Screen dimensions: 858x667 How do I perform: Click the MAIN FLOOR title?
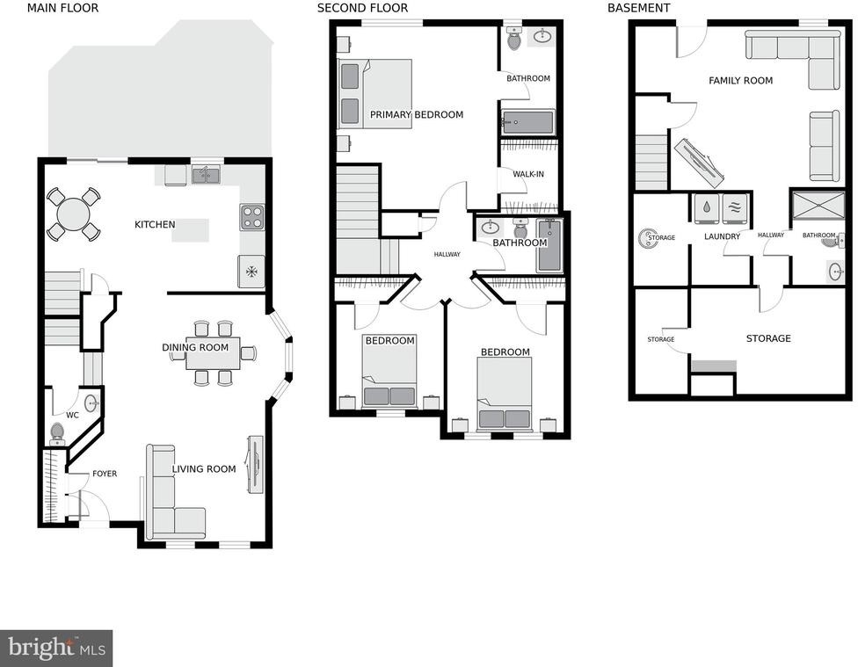pos(63,8)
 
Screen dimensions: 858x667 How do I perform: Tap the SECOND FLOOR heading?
pos(362,8)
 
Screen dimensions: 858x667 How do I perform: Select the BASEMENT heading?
pos(638,8)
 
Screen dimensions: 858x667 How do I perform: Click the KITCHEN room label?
pos(155,224)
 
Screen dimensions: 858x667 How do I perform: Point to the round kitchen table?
pos(74,214)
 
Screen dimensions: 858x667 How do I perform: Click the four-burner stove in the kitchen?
pos(251,217)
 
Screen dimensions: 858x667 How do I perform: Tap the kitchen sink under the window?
pos(206,175)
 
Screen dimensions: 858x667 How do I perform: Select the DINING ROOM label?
pos(195,347)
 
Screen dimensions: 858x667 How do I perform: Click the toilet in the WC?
pos(57,433)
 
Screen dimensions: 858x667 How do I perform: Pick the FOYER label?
pos(105,474)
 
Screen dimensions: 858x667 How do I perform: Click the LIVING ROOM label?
pos(204,469)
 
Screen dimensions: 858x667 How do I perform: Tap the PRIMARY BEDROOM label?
pos(417,114)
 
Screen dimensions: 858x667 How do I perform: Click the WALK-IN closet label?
pos(528,174)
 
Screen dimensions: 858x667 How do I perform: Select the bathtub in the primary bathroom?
pos(528,122)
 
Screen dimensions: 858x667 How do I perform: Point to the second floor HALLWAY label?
pos(447,255)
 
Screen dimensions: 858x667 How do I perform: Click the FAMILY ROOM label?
pos(740,81)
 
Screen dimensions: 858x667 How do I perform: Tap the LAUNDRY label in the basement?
pos(722,236)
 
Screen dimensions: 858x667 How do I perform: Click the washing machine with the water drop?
pos(707,208)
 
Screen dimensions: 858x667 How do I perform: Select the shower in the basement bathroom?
pos(818,205)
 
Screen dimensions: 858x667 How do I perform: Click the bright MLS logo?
pos(56,649)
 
